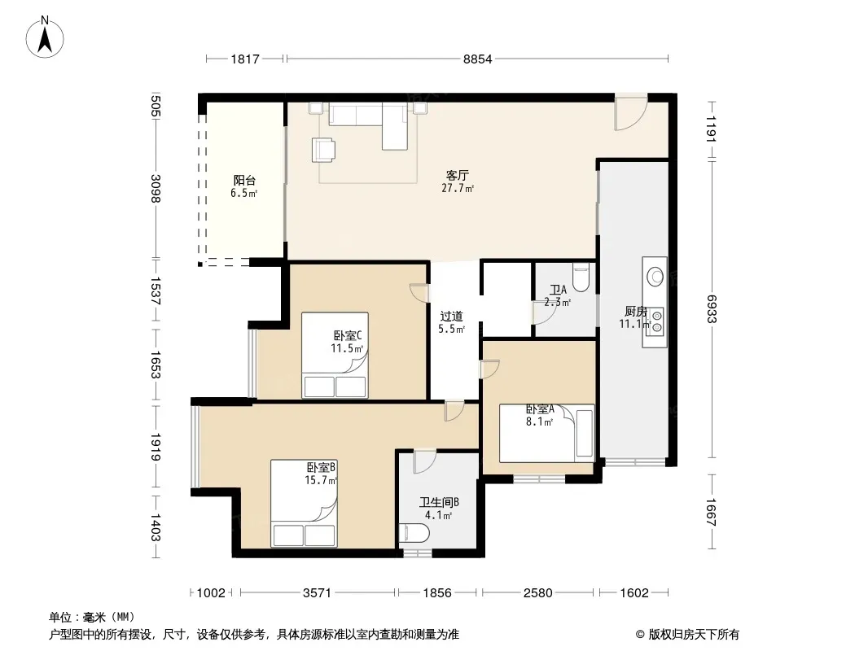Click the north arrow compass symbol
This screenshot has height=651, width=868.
(45, 37)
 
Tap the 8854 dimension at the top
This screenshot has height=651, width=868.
(477, 59)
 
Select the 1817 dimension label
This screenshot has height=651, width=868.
(244, 59)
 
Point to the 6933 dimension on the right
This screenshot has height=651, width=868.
(712, 308)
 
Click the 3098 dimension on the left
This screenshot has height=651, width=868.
(156, 189)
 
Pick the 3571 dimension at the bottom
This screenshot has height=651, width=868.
(317, 593)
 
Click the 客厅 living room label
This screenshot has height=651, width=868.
(458, 175)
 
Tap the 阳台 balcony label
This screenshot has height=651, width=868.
(244, 181)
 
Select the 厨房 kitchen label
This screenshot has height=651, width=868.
(635, 312)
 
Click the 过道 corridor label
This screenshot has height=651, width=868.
(451, 317)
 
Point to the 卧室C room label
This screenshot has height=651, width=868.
(348, 336)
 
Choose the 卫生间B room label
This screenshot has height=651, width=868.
(439, 502)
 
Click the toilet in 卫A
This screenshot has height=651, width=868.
(581, 277)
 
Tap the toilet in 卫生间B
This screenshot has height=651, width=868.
(414, 534)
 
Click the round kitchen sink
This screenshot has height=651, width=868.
(655, 276)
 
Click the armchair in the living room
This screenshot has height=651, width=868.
(323, 150)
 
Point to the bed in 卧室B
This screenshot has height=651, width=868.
(304, 504)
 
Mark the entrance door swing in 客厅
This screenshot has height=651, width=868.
(631, 113)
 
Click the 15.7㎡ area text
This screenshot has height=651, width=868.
(321, 480)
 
